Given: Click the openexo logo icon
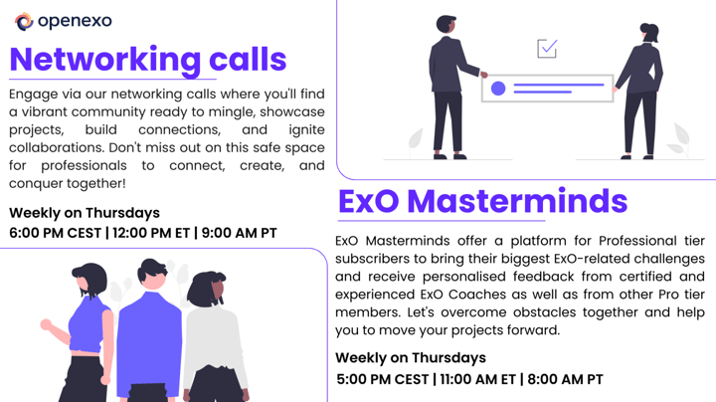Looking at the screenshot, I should coord(24,21).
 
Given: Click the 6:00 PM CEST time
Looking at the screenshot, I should coord(56,234).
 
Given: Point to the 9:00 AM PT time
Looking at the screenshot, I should coord(239,234).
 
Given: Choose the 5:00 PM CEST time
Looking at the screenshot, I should coord(382,379).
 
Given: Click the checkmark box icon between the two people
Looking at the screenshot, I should coord(547,48).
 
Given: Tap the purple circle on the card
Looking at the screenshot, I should coord(498,89).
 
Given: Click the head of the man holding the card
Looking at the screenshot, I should coord(447,24).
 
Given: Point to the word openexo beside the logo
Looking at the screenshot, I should coord(76,21).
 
